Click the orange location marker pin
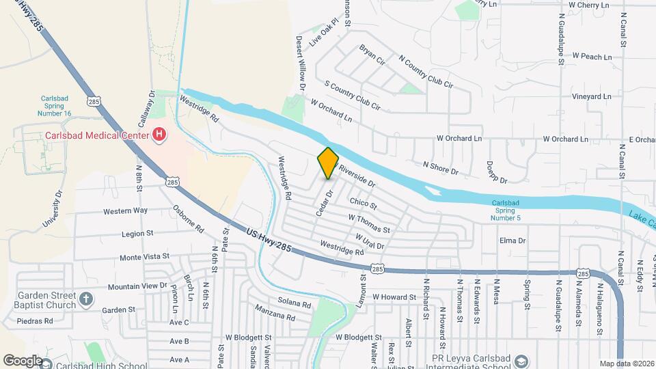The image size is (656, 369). pos(328,163)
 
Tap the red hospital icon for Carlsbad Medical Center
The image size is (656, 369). pos(159,135)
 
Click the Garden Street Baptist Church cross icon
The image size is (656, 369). pos(85,298)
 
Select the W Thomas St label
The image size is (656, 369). pos(368,223)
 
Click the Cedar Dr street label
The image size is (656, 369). pos(323,203)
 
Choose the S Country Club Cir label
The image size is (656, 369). pos(351,96)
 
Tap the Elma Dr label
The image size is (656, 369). pos(512,241)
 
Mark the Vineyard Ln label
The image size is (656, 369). pos(591,96)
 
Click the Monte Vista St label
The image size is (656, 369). pos(144,257)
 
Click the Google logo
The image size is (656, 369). pos(23,360)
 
